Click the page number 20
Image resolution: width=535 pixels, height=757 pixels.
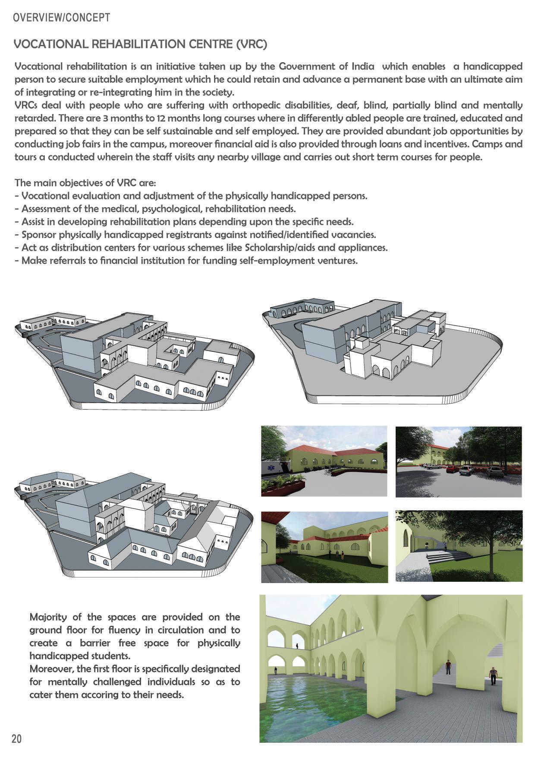pos(16,738)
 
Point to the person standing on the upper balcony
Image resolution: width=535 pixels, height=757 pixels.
pos(297,646)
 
